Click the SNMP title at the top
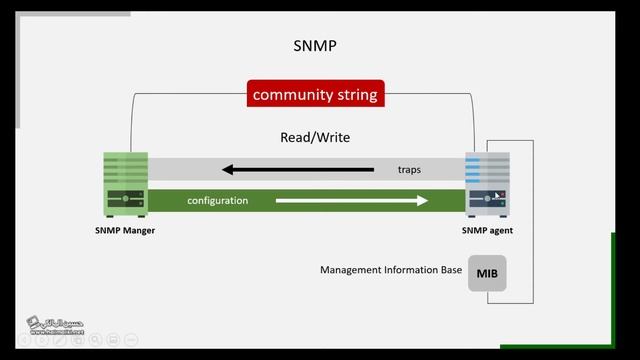coord(315,46)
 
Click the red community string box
coord(315,95)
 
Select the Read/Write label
coord(315,137)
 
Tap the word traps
coord(408,170)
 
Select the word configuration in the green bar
coord(217,201)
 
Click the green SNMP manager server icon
coord(126,185)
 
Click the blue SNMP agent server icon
coord(487,185)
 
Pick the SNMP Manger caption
coord(126,230)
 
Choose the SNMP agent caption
coord(487,230)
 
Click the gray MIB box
coord(487,273)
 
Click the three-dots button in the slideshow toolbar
coord(131,340)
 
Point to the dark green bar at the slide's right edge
coord(613,290)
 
